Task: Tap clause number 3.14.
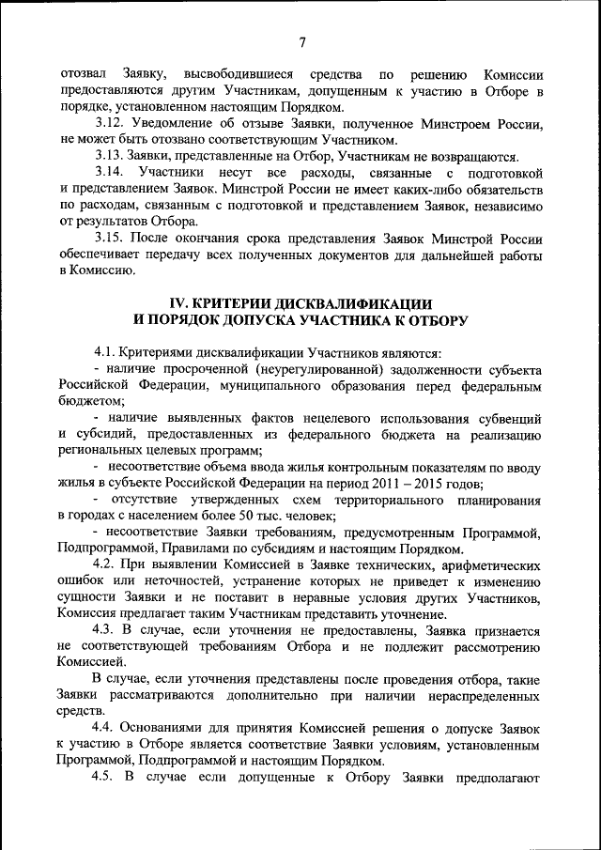[110, 172]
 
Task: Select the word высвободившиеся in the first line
[239, 73]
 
